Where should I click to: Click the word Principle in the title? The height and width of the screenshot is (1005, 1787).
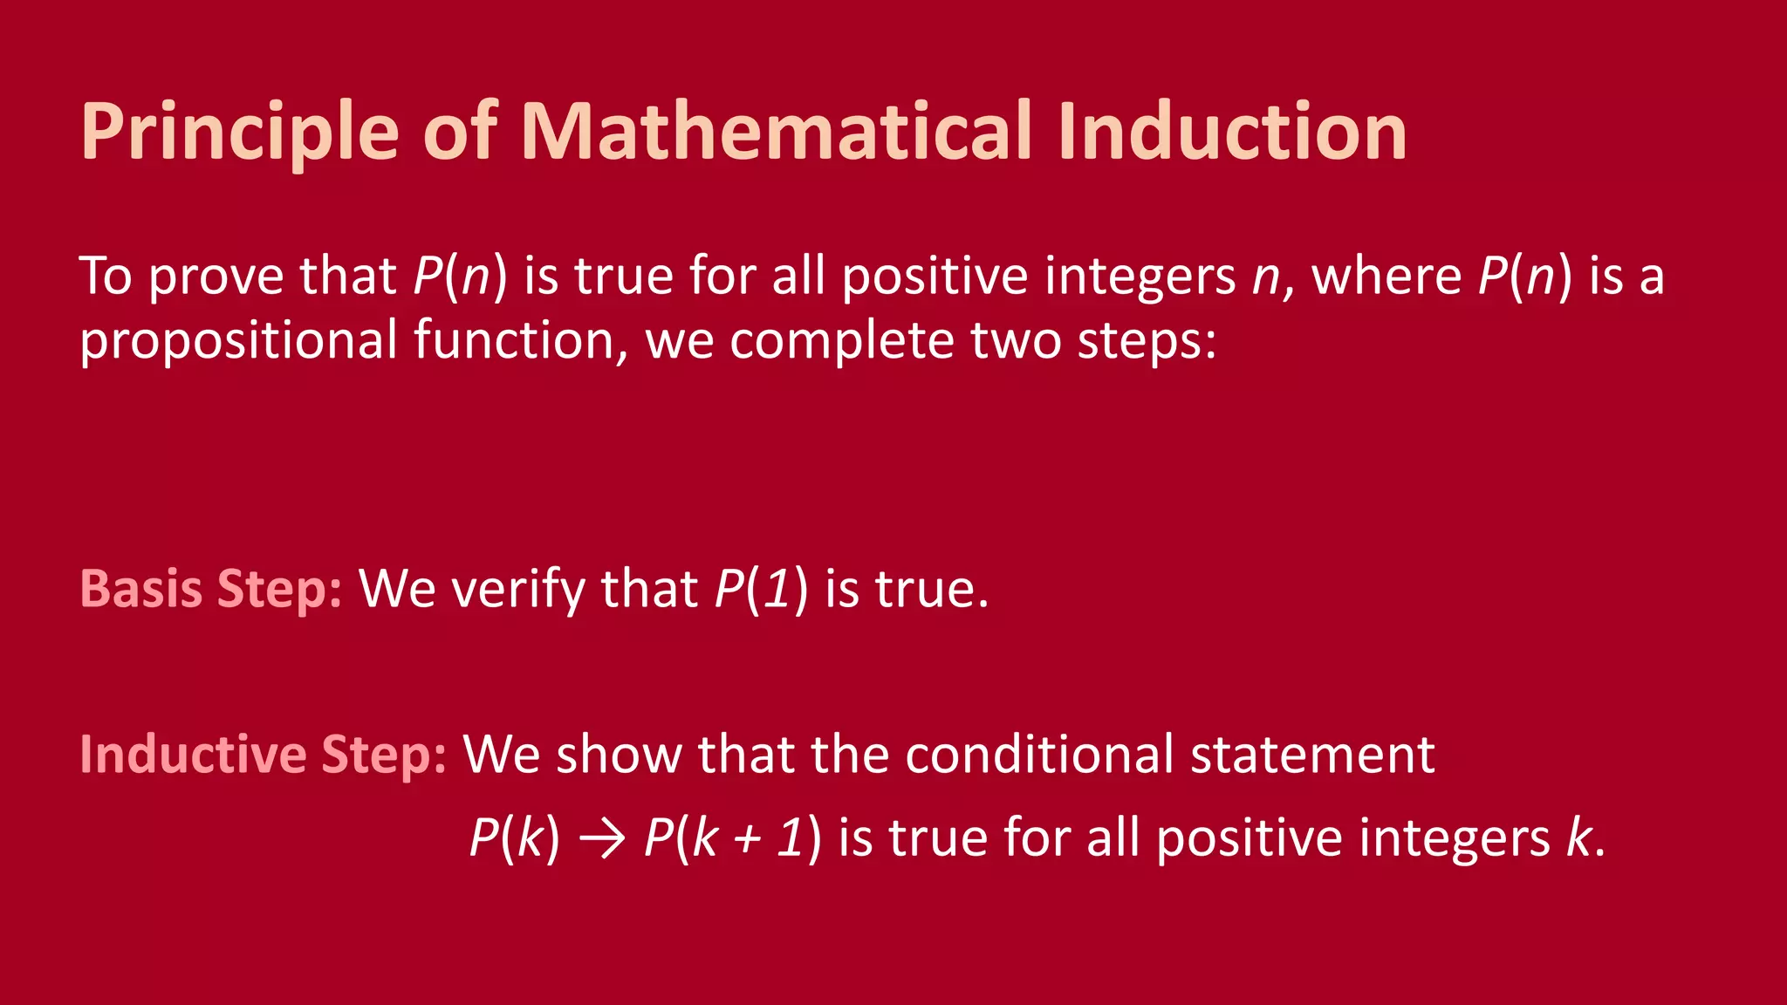[x=240, y=133]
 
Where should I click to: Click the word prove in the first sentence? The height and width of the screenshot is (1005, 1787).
[x=216, y=277]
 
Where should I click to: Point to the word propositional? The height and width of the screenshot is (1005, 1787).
[x=238, y=340]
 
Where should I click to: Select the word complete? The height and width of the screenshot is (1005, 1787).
[x=841, y=340]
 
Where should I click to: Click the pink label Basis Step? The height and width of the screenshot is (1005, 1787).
[x=210, y=589]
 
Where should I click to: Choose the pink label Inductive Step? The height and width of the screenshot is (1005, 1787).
[x=263, y=754]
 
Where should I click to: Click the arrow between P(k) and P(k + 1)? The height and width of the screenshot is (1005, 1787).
[x=602, y=839]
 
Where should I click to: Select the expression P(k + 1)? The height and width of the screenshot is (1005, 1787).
[x=732, y=838]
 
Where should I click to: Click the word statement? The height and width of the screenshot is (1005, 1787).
[x=1312, y=754]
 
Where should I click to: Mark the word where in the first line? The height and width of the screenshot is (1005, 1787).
[x=1386, y=277]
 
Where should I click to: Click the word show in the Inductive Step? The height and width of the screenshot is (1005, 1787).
[x=619, y=754]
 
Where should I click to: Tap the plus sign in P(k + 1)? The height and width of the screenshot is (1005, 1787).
[x=747, y=840]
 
